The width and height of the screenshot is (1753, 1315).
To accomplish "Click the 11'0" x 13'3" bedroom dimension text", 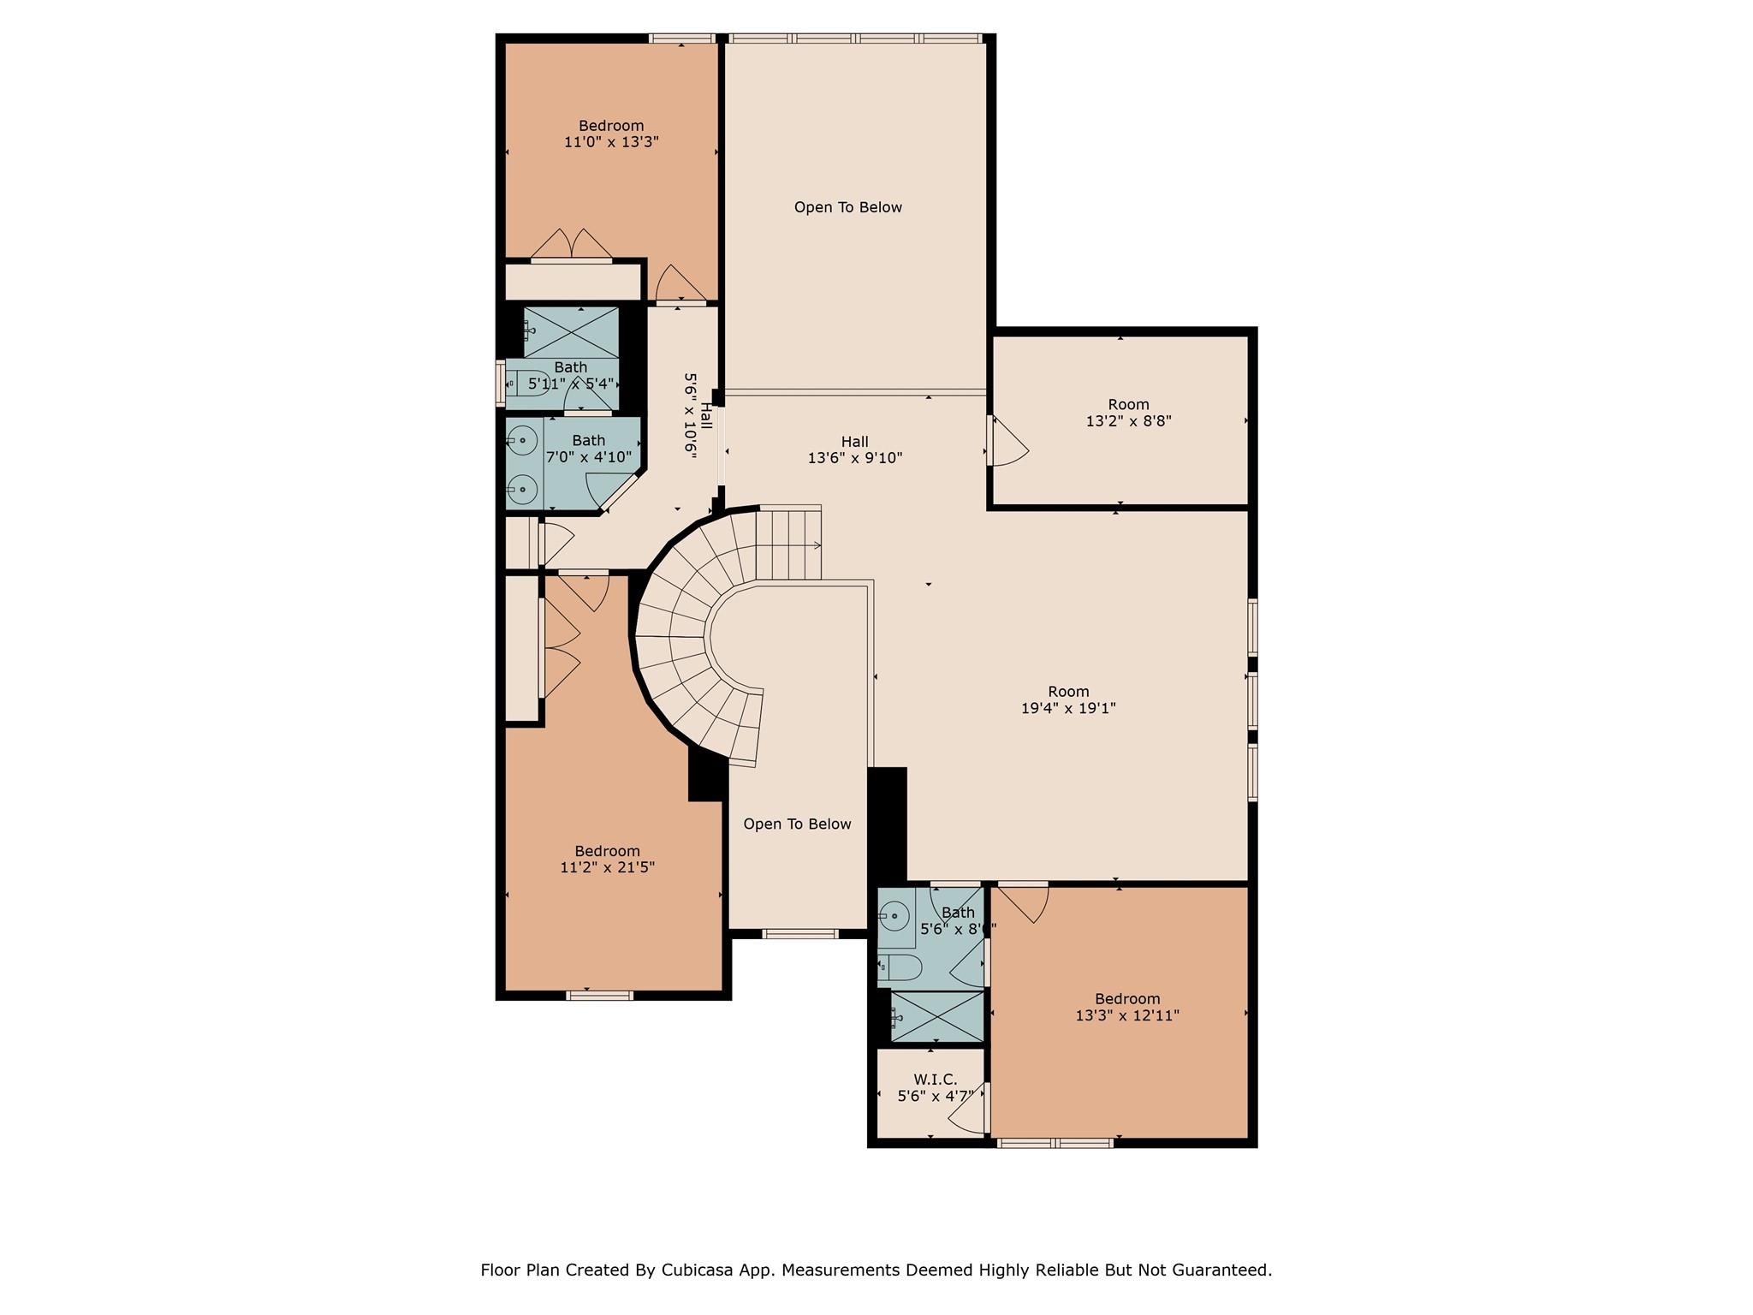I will [611, 142].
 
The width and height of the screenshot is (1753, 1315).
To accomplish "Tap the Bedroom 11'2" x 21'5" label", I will [607, 859].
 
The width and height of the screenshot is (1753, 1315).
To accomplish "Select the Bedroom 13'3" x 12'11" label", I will [1127, 1007].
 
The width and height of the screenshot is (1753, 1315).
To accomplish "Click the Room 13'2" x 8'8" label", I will [1128, 413].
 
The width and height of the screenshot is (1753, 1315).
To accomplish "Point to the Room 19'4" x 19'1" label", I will [1068, 699].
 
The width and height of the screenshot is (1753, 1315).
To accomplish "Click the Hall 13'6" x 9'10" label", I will [854, 449].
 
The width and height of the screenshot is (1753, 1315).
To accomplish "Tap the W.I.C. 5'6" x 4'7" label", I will [935, 1088].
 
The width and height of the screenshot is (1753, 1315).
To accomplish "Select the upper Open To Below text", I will [847, 207].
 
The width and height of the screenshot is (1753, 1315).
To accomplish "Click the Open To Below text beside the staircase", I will [797, 824].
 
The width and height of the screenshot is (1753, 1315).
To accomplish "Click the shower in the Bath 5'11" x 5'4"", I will [571, 332].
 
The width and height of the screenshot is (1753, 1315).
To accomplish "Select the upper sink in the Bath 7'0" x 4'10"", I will [522, 441].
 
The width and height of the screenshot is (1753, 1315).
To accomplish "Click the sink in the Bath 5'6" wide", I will [895, 917].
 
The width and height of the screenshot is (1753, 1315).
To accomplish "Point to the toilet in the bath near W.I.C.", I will [899, 968].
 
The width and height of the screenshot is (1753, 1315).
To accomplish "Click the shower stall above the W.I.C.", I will [936, 1016].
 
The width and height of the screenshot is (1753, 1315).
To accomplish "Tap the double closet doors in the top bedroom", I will [572, 245].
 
